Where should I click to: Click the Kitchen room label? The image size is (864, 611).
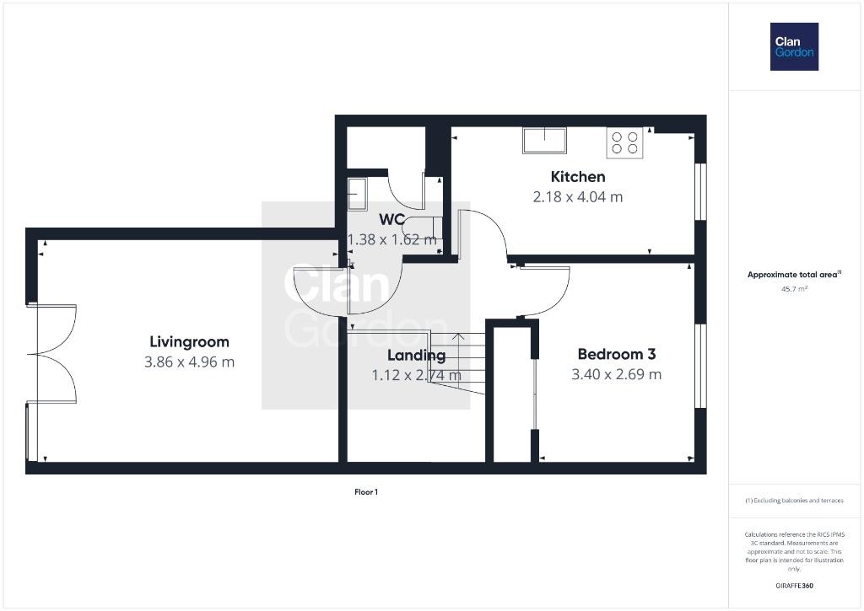[x=578, y=177]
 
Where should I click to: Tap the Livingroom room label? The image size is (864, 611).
[x=190, y=342]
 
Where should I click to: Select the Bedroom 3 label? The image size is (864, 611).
[x=617, y=354]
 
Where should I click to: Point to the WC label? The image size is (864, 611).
[x=391, y=220]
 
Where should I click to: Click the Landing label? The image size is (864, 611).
[x=417, y=356]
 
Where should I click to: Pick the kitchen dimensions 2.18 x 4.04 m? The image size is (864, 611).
[x=578, y=196]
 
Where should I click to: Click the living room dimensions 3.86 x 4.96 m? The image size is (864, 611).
[x=190, y=362]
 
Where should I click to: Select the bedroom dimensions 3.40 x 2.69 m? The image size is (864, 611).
[x=617, y=374]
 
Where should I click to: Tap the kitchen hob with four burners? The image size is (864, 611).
[x=625, y=142]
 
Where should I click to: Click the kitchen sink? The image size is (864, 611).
[x=544, y=141]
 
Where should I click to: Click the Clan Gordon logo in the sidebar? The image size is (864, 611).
[x=794, y=47]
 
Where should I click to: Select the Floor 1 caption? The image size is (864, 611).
[x=366, y=492]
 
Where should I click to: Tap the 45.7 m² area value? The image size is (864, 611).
[x=794, y=288]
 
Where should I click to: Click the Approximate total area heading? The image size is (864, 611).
[x=794, y=274]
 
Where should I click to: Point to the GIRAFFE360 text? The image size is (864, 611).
[x=794, y=586]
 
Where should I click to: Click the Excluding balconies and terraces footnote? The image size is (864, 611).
[x=794, y=501]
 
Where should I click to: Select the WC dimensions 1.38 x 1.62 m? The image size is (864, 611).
[x=391, y=239]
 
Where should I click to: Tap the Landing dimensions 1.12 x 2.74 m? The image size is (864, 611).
[x=417, y=375]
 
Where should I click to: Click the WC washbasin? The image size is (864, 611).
[x=357, y=195]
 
